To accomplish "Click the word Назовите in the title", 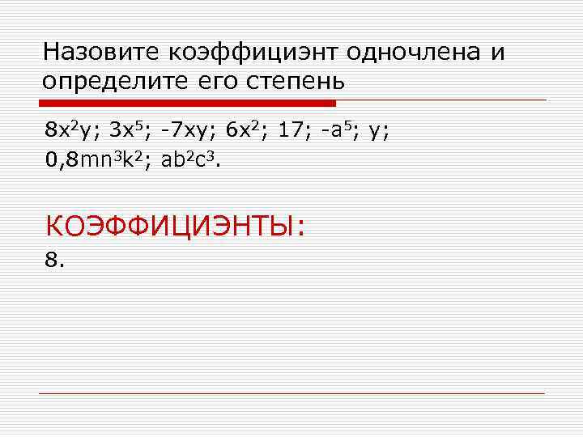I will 103,53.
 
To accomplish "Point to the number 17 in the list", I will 290,130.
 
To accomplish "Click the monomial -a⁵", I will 337,130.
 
